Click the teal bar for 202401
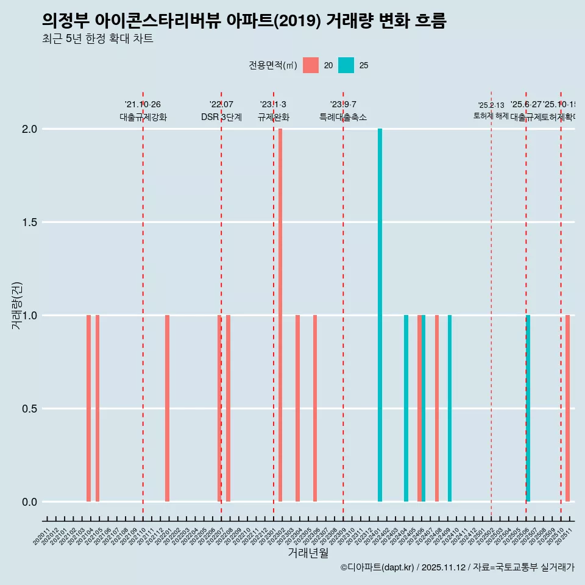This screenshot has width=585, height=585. point(380,315)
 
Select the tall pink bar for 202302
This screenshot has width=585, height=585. point(280,315)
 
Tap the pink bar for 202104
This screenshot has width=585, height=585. point(88,408)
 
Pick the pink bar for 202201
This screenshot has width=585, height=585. point(167,408)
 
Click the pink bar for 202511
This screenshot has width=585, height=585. point(567,408)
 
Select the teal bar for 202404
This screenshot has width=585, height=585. point(406,408)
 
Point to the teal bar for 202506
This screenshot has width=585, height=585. point(528,408)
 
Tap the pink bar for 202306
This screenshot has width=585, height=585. point(315,408)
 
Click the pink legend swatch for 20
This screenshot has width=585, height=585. point(311,65)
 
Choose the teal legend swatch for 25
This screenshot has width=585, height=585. point(346,65)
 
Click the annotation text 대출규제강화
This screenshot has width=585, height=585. point(143,118)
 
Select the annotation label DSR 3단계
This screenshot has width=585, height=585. point(221,118)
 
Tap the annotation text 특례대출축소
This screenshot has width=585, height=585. point(343,118)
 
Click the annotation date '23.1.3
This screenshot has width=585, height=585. point(273,105)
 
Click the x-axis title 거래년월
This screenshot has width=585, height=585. point(308,553)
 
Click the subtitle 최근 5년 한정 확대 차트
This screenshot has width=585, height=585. point(97,39)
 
